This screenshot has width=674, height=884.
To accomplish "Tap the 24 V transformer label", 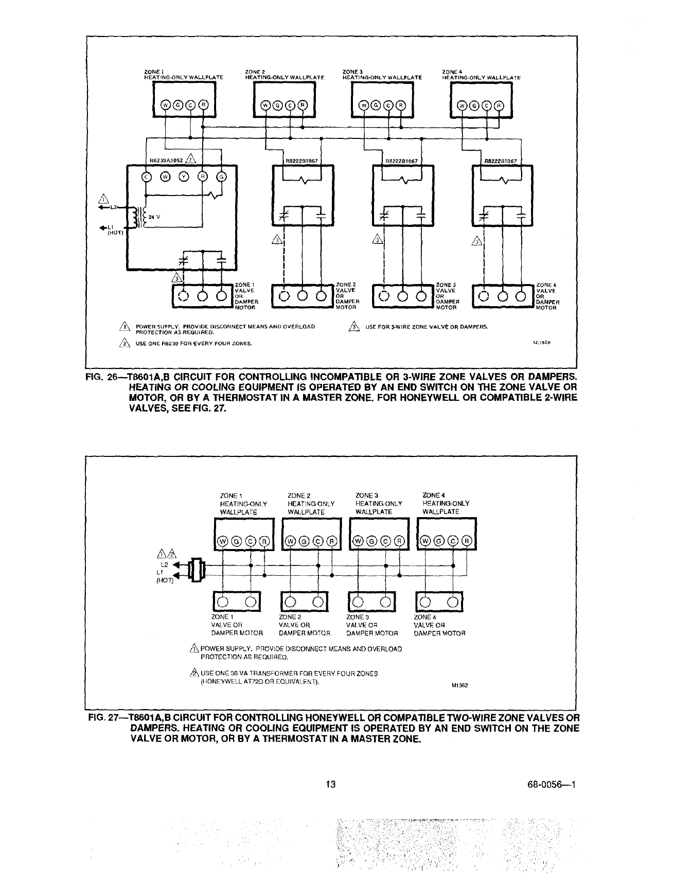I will pos(153,217).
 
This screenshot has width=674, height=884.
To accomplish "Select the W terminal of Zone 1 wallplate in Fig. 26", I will pos(166,105).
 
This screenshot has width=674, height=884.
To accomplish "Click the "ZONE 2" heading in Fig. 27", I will pos(299,496).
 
